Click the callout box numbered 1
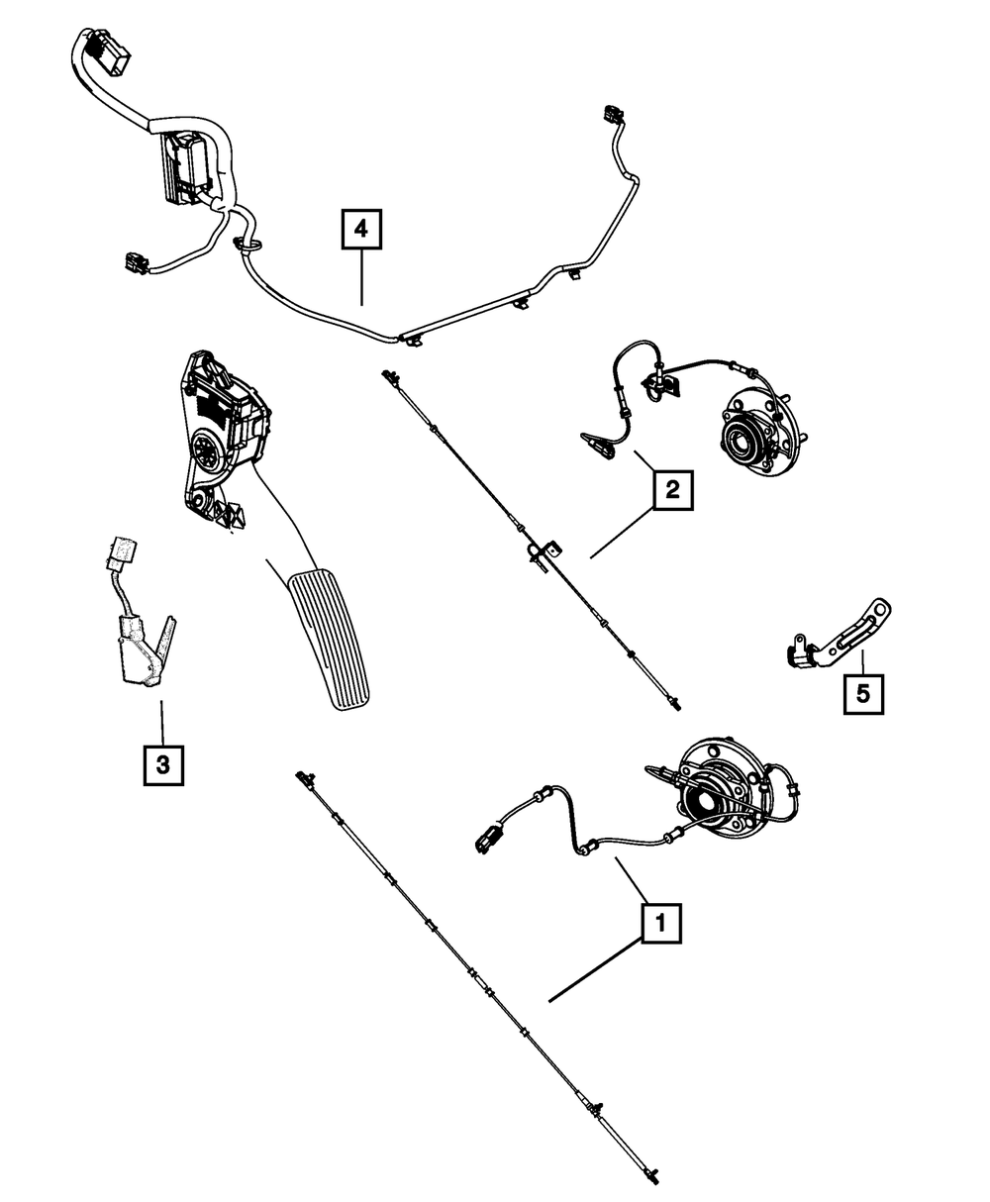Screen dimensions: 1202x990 click(x=661, y=925)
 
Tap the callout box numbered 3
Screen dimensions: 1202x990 click(x=162, y=763)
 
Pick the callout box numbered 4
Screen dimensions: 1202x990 click(x=361, y=231)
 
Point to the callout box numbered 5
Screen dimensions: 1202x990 click(x=863, y=693)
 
